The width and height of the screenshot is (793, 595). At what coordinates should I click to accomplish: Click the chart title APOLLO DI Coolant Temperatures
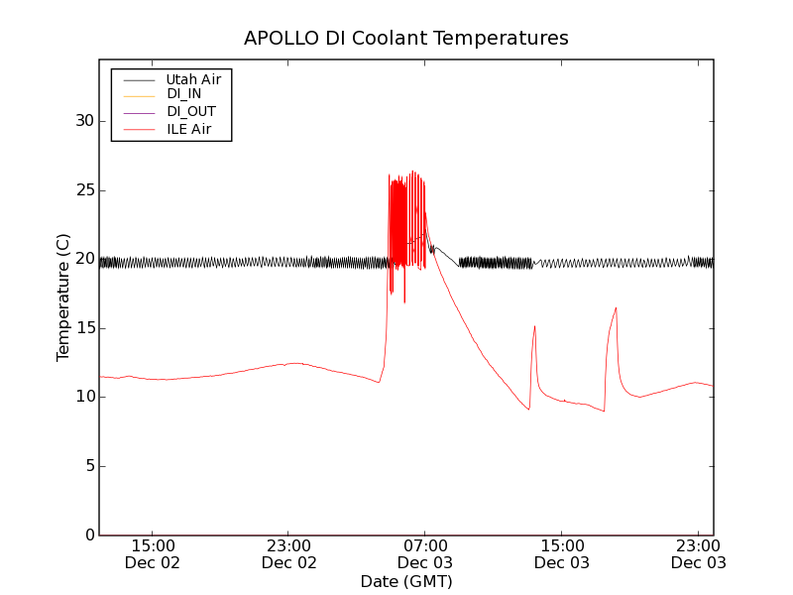[406, 39]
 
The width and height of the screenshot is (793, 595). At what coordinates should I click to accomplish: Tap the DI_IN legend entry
[184, 94]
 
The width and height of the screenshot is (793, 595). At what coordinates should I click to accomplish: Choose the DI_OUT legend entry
[190, 112]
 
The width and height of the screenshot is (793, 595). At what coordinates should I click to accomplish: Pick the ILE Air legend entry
[188, 129]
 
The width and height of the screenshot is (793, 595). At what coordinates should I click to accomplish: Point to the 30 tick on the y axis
[84, 121]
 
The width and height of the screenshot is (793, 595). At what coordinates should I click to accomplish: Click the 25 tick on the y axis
[84, 190]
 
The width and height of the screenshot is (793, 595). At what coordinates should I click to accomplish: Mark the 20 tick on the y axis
[84, 259]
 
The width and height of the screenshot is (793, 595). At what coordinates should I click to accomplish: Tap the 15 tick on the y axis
[84, 328]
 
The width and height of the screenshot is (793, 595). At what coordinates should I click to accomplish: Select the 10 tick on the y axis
[84, 397]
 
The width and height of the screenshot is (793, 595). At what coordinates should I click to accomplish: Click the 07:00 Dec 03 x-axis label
[425, 554]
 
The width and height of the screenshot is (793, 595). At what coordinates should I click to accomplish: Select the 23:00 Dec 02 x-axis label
[288, 554]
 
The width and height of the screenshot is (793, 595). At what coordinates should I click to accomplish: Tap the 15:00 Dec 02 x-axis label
[153, 554]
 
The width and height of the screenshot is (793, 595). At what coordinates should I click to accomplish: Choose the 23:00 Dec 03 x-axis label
[698, 554]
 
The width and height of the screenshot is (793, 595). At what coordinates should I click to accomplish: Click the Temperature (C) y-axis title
[63, 297]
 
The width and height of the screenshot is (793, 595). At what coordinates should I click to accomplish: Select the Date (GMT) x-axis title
[406, 581]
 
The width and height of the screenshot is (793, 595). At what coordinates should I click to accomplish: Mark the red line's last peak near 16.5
[616, 307]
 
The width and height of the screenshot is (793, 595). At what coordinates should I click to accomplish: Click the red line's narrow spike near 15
[534, 326]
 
